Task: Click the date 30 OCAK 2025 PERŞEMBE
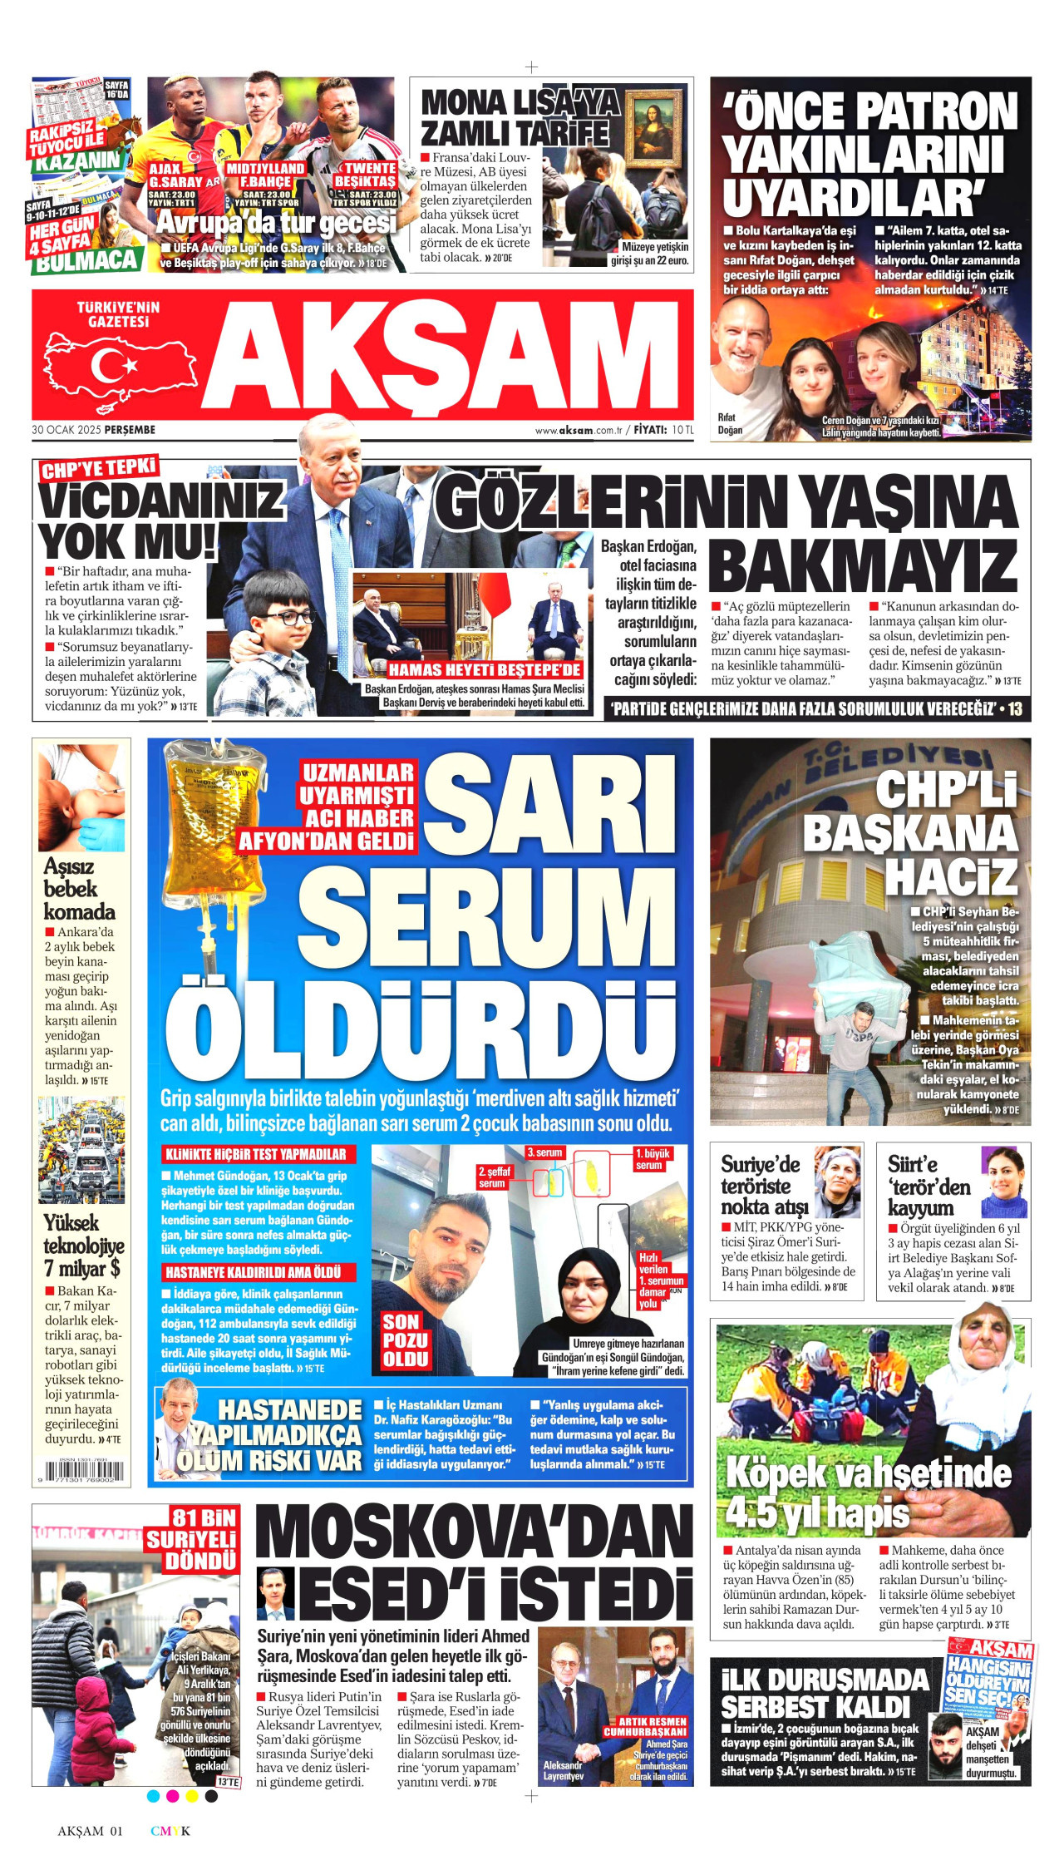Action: coord(94,430)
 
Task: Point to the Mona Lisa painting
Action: coord(654,125)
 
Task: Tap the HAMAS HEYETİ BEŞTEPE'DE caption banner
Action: coord(484,669)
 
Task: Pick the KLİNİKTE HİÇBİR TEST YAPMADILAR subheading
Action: coord(255,1154)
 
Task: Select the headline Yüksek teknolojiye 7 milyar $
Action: coord(82,1246)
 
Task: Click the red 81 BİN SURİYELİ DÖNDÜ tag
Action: coord(192,1538)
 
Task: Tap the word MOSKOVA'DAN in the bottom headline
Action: coord(473,1532)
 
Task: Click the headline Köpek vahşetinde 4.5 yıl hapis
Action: coord(868,1493)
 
